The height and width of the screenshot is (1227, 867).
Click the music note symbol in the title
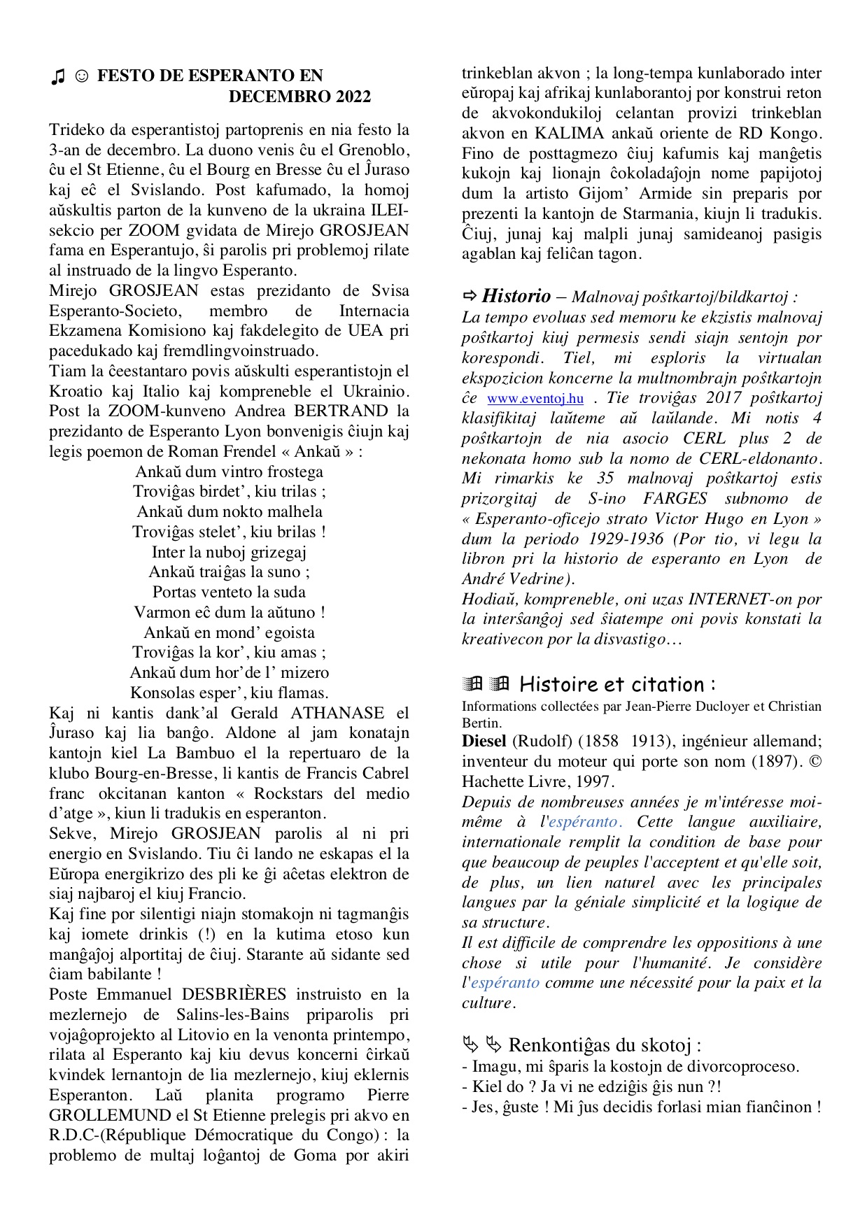coord(58,76)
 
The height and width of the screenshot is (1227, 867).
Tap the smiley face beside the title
coord(81,76)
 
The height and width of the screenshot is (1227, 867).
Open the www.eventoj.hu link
coord(535,399)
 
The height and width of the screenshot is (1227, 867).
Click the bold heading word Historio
coord(516,296)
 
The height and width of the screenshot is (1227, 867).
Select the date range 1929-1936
coord(626,539)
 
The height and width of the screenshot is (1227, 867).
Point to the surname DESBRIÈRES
coord(234,995)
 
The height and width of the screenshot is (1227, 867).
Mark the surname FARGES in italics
coord(675,499)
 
